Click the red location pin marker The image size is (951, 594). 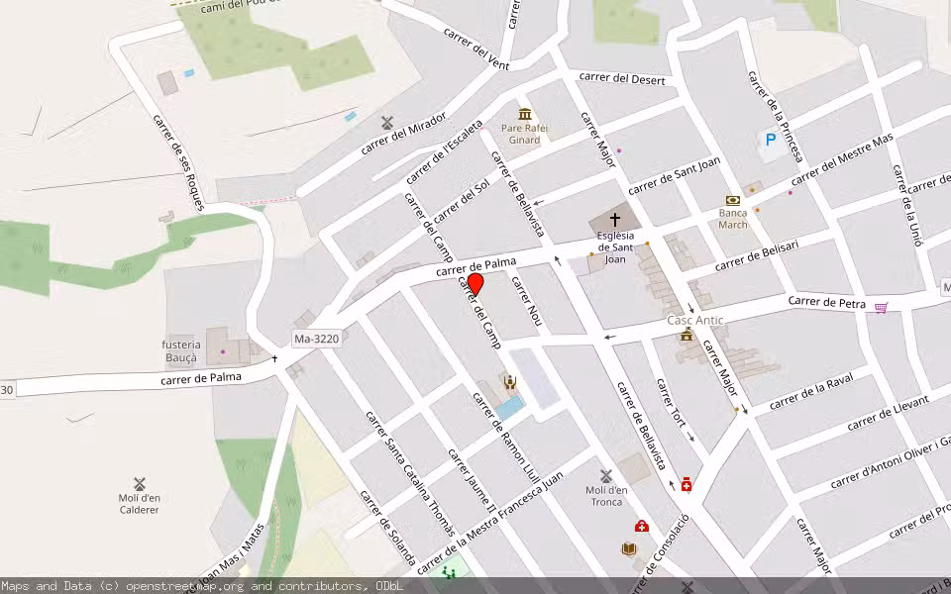475,285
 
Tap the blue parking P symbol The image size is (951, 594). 770,142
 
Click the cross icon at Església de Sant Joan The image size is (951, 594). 614,219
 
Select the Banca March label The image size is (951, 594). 733,219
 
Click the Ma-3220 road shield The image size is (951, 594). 317,340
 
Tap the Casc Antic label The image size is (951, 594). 694,320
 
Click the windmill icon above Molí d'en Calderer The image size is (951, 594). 140,484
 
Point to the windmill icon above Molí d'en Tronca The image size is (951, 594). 606,476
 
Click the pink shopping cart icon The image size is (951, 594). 881,308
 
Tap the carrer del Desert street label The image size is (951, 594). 622,78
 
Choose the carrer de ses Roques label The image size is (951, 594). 178,161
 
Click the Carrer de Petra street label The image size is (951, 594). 827,301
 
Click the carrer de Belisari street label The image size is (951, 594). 757,253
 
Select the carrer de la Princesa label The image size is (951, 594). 775,116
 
